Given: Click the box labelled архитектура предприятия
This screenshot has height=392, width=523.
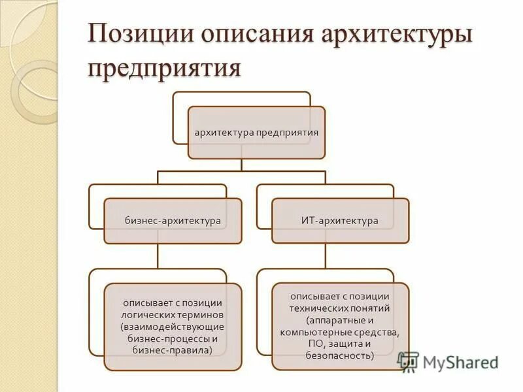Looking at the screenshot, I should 256,133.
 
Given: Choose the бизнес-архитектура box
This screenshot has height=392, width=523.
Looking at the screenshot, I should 173,221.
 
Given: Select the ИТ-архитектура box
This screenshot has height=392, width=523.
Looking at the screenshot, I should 340,221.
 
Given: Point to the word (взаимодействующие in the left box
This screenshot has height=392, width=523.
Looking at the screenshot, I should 173,326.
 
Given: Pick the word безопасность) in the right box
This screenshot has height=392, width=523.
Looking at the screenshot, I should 339,356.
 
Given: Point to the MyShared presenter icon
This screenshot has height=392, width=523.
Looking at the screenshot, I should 409,362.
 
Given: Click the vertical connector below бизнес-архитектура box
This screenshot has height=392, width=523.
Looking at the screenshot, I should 158,255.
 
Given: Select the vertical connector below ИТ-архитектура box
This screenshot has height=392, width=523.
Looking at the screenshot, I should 325,255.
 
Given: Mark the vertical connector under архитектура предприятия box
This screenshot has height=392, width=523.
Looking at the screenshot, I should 242,165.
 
